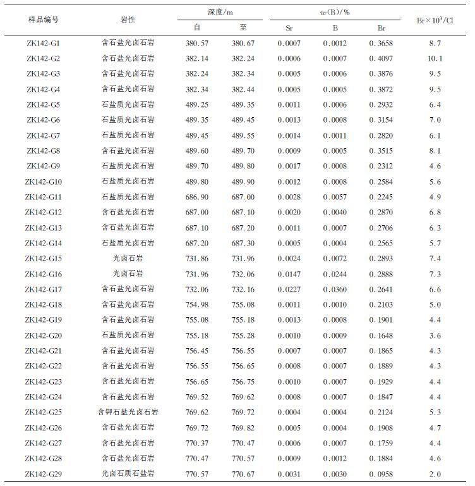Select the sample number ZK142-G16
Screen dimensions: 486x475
(44, 274)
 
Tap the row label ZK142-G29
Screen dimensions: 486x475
(44, 474)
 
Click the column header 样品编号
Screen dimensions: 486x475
(44, 20)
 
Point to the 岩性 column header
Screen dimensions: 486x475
(128, 20)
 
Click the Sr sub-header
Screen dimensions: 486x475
(289, 28)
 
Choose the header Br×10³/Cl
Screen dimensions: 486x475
(435, 20)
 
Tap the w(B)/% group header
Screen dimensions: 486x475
(334, 12)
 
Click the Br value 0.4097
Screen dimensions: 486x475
(381, 58)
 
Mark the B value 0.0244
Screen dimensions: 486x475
(335, 274)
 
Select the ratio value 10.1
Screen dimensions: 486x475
(435, 58)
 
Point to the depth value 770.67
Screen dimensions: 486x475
(243, 474)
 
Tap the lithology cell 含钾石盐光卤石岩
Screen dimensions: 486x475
(128, 413)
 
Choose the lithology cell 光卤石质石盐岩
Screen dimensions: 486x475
(128, 474)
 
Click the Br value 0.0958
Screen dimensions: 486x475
(381, 474)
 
